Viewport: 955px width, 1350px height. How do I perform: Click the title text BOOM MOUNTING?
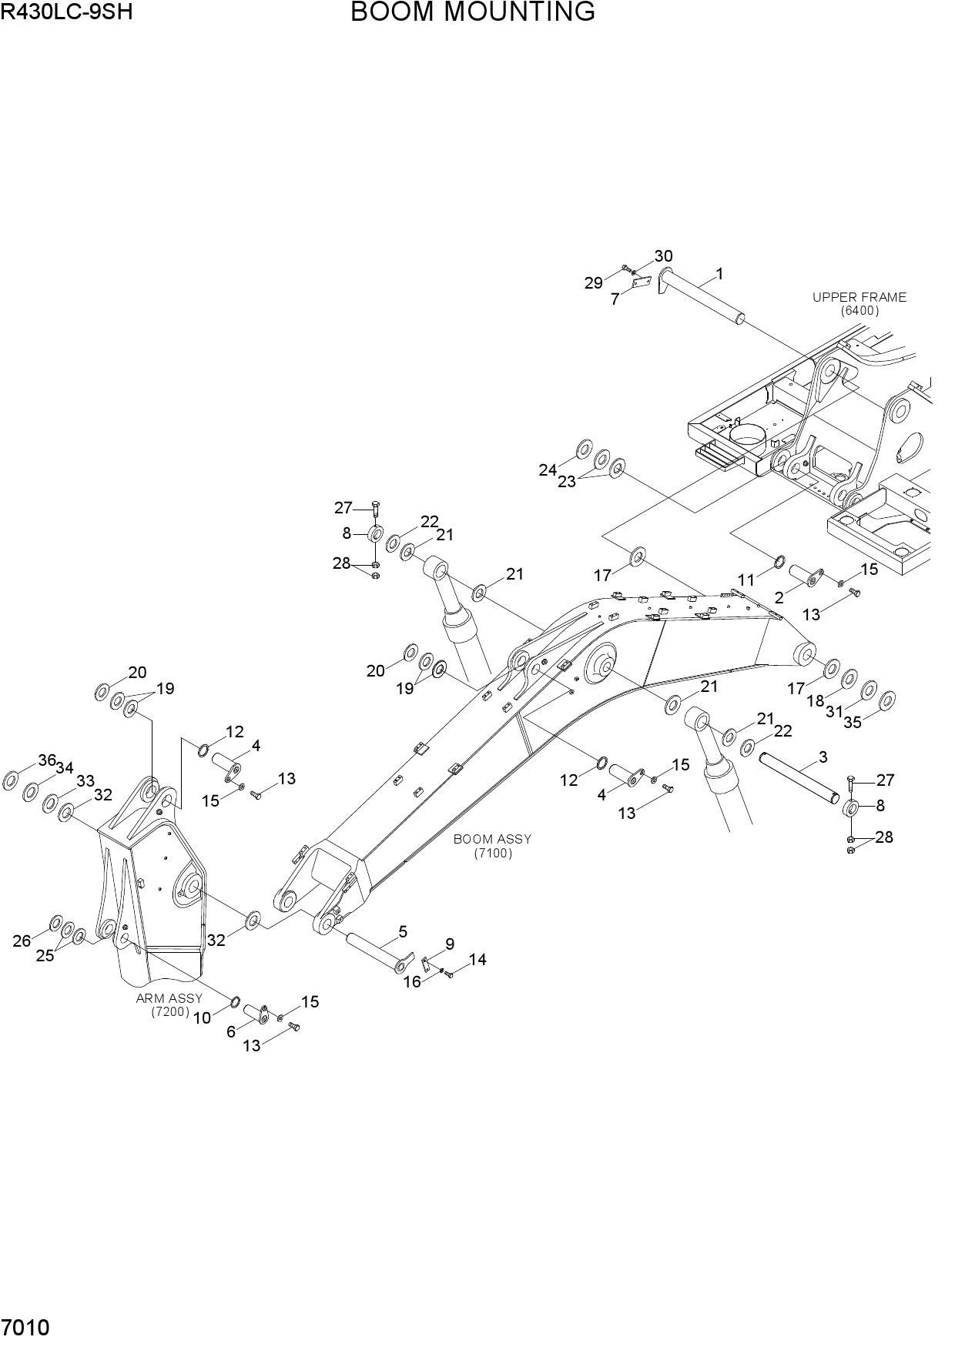473,12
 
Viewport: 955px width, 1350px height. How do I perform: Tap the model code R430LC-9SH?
66,12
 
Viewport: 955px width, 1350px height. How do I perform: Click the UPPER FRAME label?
859,297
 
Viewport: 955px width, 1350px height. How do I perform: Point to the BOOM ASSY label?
492,839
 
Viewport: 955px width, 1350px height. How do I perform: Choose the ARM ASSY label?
169,998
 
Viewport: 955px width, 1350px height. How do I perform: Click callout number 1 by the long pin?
719,273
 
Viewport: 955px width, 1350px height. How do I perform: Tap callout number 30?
663,256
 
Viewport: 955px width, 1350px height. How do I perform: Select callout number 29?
593,283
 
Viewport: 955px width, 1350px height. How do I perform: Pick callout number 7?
615,299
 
